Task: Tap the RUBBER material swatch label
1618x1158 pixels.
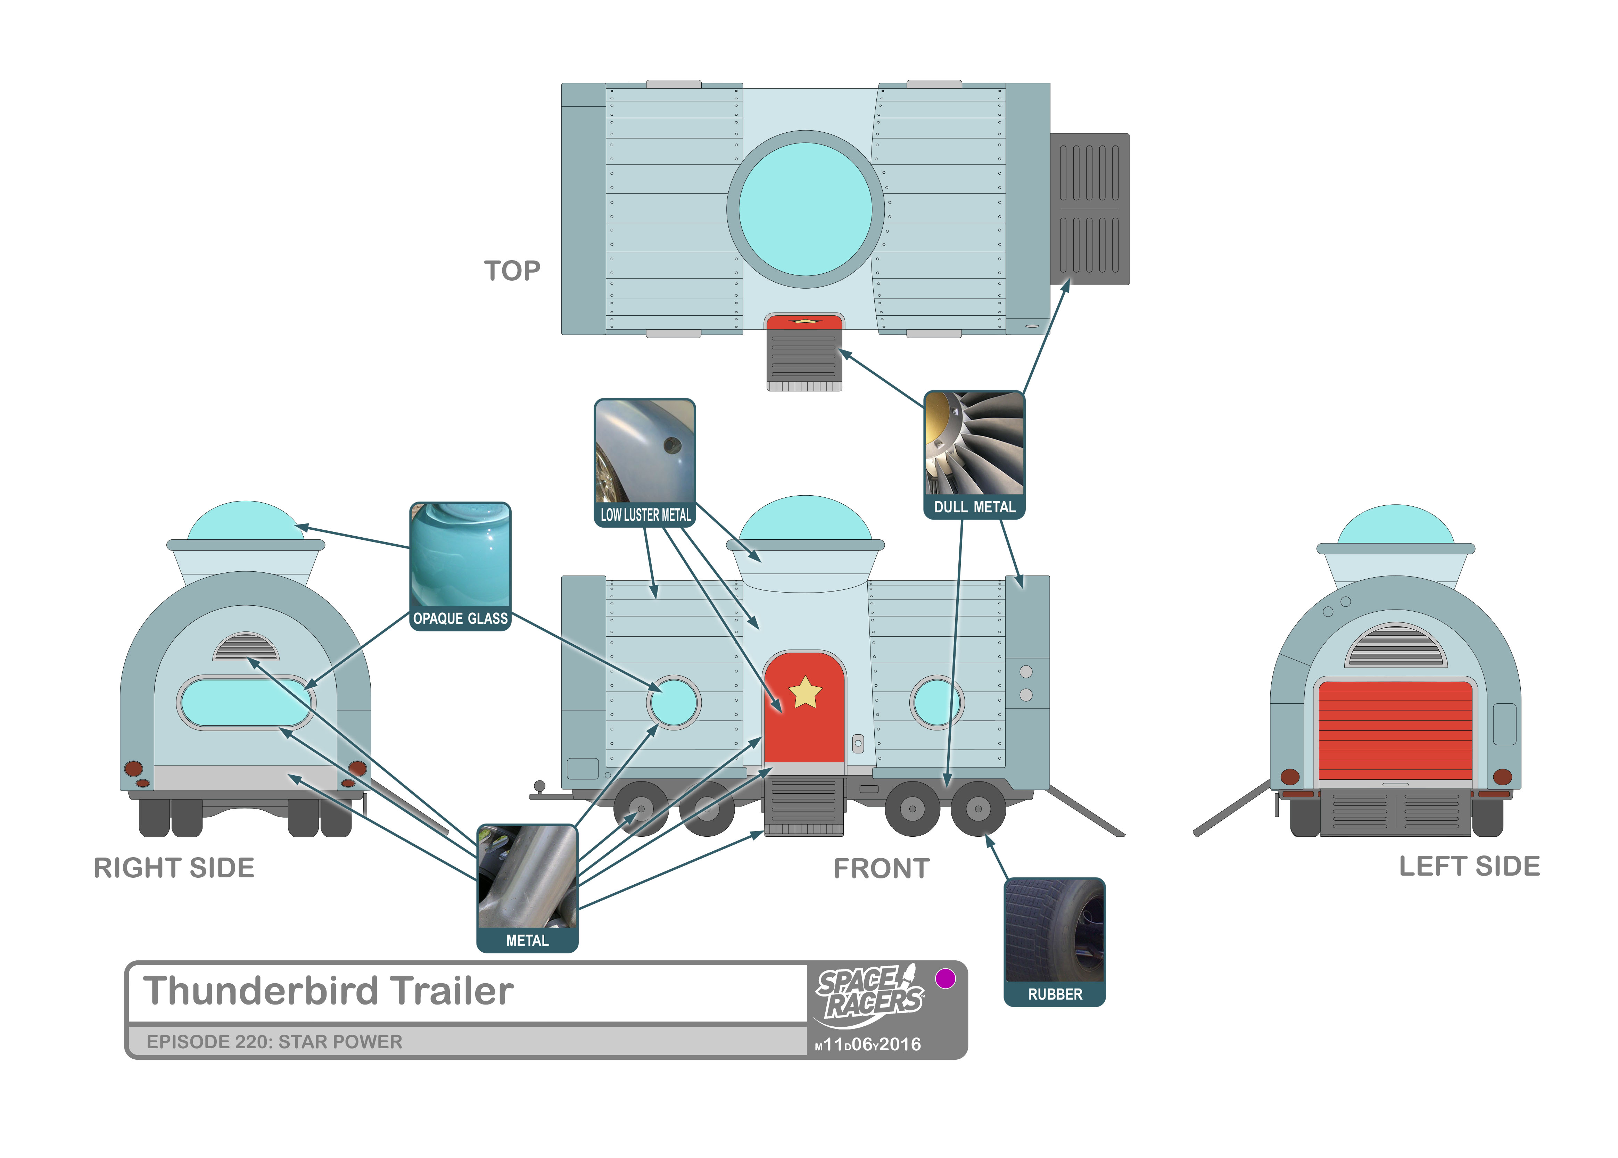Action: click(x=1055, y=994)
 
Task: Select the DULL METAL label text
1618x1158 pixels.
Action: click(x=974, y=507)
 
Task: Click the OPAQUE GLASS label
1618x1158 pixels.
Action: click(x=460, y=618)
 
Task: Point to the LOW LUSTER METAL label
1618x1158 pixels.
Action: click(x=645, y=515)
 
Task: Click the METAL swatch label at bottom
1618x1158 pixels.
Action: click(x=527, y=941)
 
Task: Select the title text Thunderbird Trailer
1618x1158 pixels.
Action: click(x=328, y=991)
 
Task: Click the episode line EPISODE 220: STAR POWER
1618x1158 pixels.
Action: click(x=274, y=1042)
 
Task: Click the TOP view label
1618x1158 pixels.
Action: click(x=512, y=271)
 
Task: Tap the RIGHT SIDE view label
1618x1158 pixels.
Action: click(x=174, y=868)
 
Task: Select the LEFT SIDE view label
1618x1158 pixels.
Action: click(x=1469, y=866)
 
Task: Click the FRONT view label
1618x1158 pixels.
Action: click(x=881, y=868)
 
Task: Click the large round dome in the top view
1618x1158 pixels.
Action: click(x=805, y=209)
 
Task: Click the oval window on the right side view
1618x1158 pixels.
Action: click(x=245, y=702)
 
